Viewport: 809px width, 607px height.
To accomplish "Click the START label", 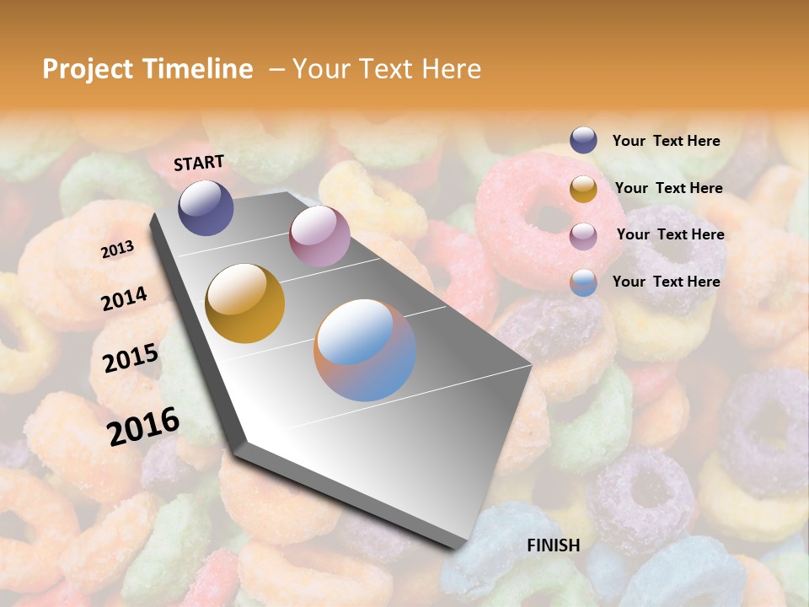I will (199, 163).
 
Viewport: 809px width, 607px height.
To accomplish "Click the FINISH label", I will (554, 545).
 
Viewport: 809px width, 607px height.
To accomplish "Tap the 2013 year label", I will (118, 250).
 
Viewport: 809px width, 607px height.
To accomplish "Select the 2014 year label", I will (124, 298).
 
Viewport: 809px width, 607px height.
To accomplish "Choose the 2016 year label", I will (143, 426).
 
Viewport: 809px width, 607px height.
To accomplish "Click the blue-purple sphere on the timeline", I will (206, 207).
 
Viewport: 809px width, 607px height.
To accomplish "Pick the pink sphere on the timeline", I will (319, 236).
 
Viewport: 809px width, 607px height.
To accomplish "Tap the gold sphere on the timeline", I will (245, 303).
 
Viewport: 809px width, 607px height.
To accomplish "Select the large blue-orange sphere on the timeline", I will (365, 350).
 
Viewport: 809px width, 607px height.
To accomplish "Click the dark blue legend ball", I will (583, 140).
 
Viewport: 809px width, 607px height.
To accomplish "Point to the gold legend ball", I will (583, 188).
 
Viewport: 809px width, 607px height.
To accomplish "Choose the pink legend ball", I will (583, 235).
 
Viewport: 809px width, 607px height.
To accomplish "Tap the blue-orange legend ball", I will (583, 282).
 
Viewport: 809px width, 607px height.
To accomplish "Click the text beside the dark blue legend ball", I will (666, 141).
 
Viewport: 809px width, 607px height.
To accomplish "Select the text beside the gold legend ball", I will (668, 188).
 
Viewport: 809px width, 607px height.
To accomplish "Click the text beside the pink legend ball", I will (670, 234).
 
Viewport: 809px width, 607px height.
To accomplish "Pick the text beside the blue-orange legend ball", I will (666, 282).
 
